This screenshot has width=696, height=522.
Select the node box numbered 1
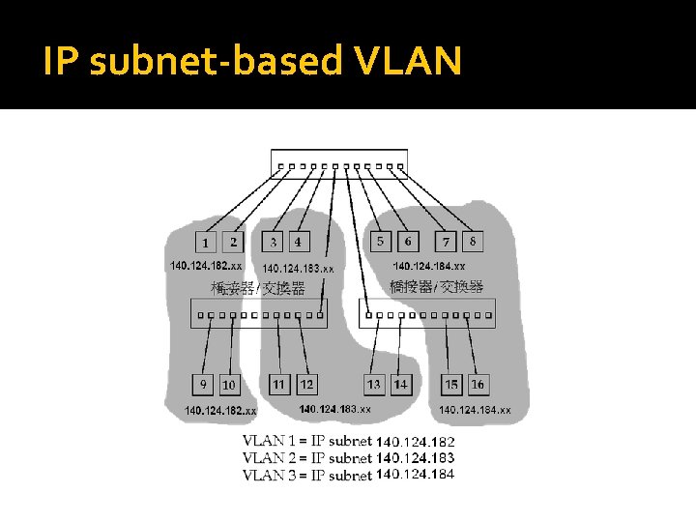pos(205,243)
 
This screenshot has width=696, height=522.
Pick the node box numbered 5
pos(380,241)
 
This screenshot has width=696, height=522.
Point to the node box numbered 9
pos(203,385)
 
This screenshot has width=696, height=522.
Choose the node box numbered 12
pos(306,385)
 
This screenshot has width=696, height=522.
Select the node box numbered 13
pos(374,385)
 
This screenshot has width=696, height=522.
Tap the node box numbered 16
pos(478,385)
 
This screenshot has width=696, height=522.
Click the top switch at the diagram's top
pos(339,164)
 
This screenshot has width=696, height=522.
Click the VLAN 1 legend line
pos(348,442)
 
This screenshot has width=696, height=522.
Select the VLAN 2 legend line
pos(348,458)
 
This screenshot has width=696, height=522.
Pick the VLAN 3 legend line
pos(348,475)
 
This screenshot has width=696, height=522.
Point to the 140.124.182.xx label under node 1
pos(206,265)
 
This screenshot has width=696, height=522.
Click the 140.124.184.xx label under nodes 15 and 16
pos(475,410)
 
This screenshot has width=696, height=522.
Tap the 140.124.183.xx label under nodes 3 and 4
pos(298,268)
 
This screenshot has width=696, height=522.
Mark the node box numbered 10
pos(229,385)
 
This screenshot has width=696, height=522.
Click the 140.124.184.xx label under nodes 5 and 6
pos(428,265)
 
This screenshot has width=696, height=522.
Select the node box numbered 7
pos(446,241)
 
